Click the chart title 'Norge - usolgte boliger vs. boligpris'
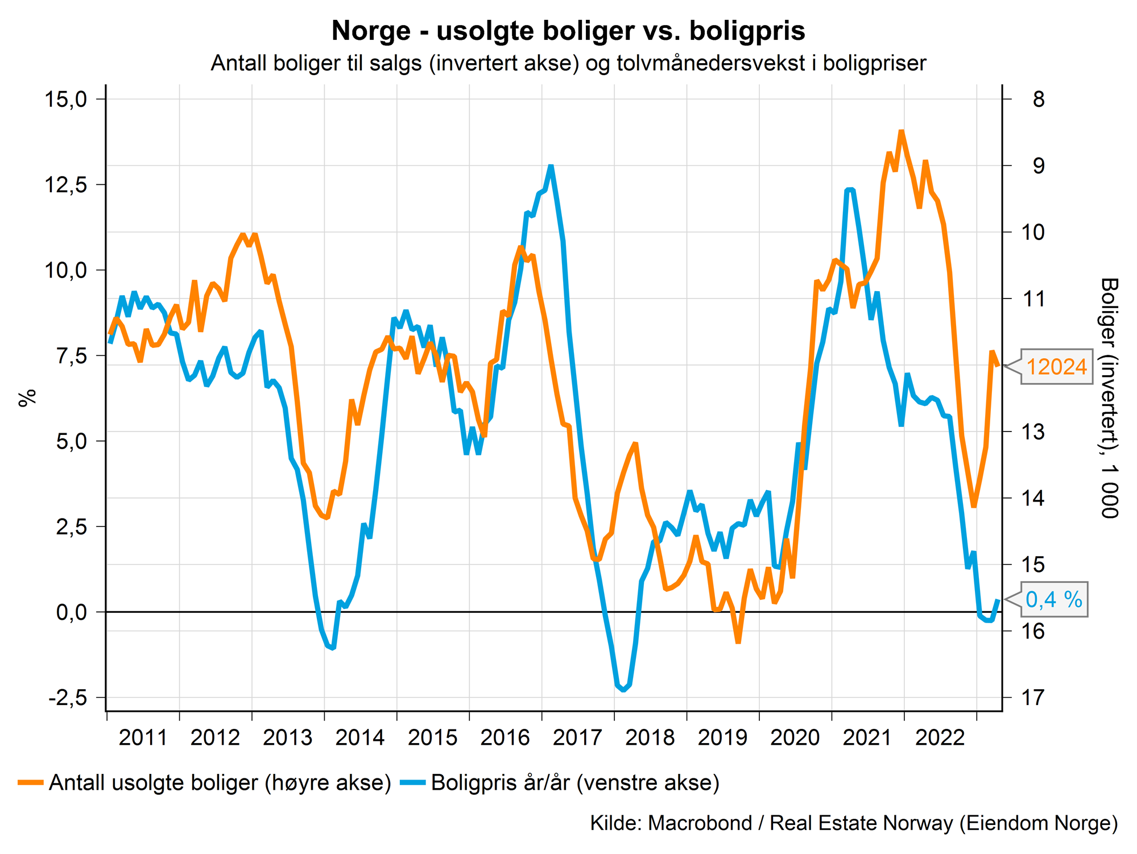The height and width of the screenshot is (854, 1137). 568,31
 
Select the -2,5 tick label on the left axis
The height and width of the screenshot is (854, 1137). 68,698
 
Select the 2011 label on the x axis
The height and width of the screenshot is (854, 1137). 143,738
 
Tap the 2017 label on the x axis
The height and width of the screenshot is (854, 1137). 577,738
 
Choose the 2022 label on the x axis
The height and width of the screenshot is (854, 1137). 940,738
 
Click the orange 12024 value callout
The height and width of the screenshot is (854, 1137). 1057,367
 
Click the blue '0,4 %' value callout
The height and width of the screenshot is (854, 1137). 1054,600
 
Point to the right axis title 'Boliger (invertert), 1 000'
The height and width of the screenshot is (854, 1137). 1109,398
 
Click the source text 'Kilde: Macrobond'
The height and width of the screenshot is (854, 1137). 671,823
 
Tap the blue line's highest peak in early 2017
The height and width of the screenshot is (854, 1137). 551,166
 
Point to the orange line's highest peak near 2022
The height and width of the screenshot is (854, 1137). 901,131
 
